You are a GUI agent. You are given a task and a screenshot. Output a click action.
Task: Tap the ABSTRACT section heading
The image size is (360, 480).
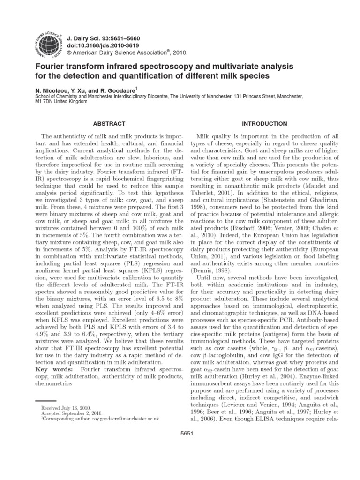pyautogui.click(x=109, y=124)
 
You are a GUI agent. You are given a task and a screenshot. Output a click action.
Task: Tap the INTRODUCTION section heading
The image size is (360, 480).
pyautogui.click(x=264, y=124)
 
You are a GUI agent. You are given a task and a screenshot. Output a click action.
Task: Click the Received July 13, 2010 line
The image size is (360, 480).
pyautogui.click(x=66, y=408)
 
